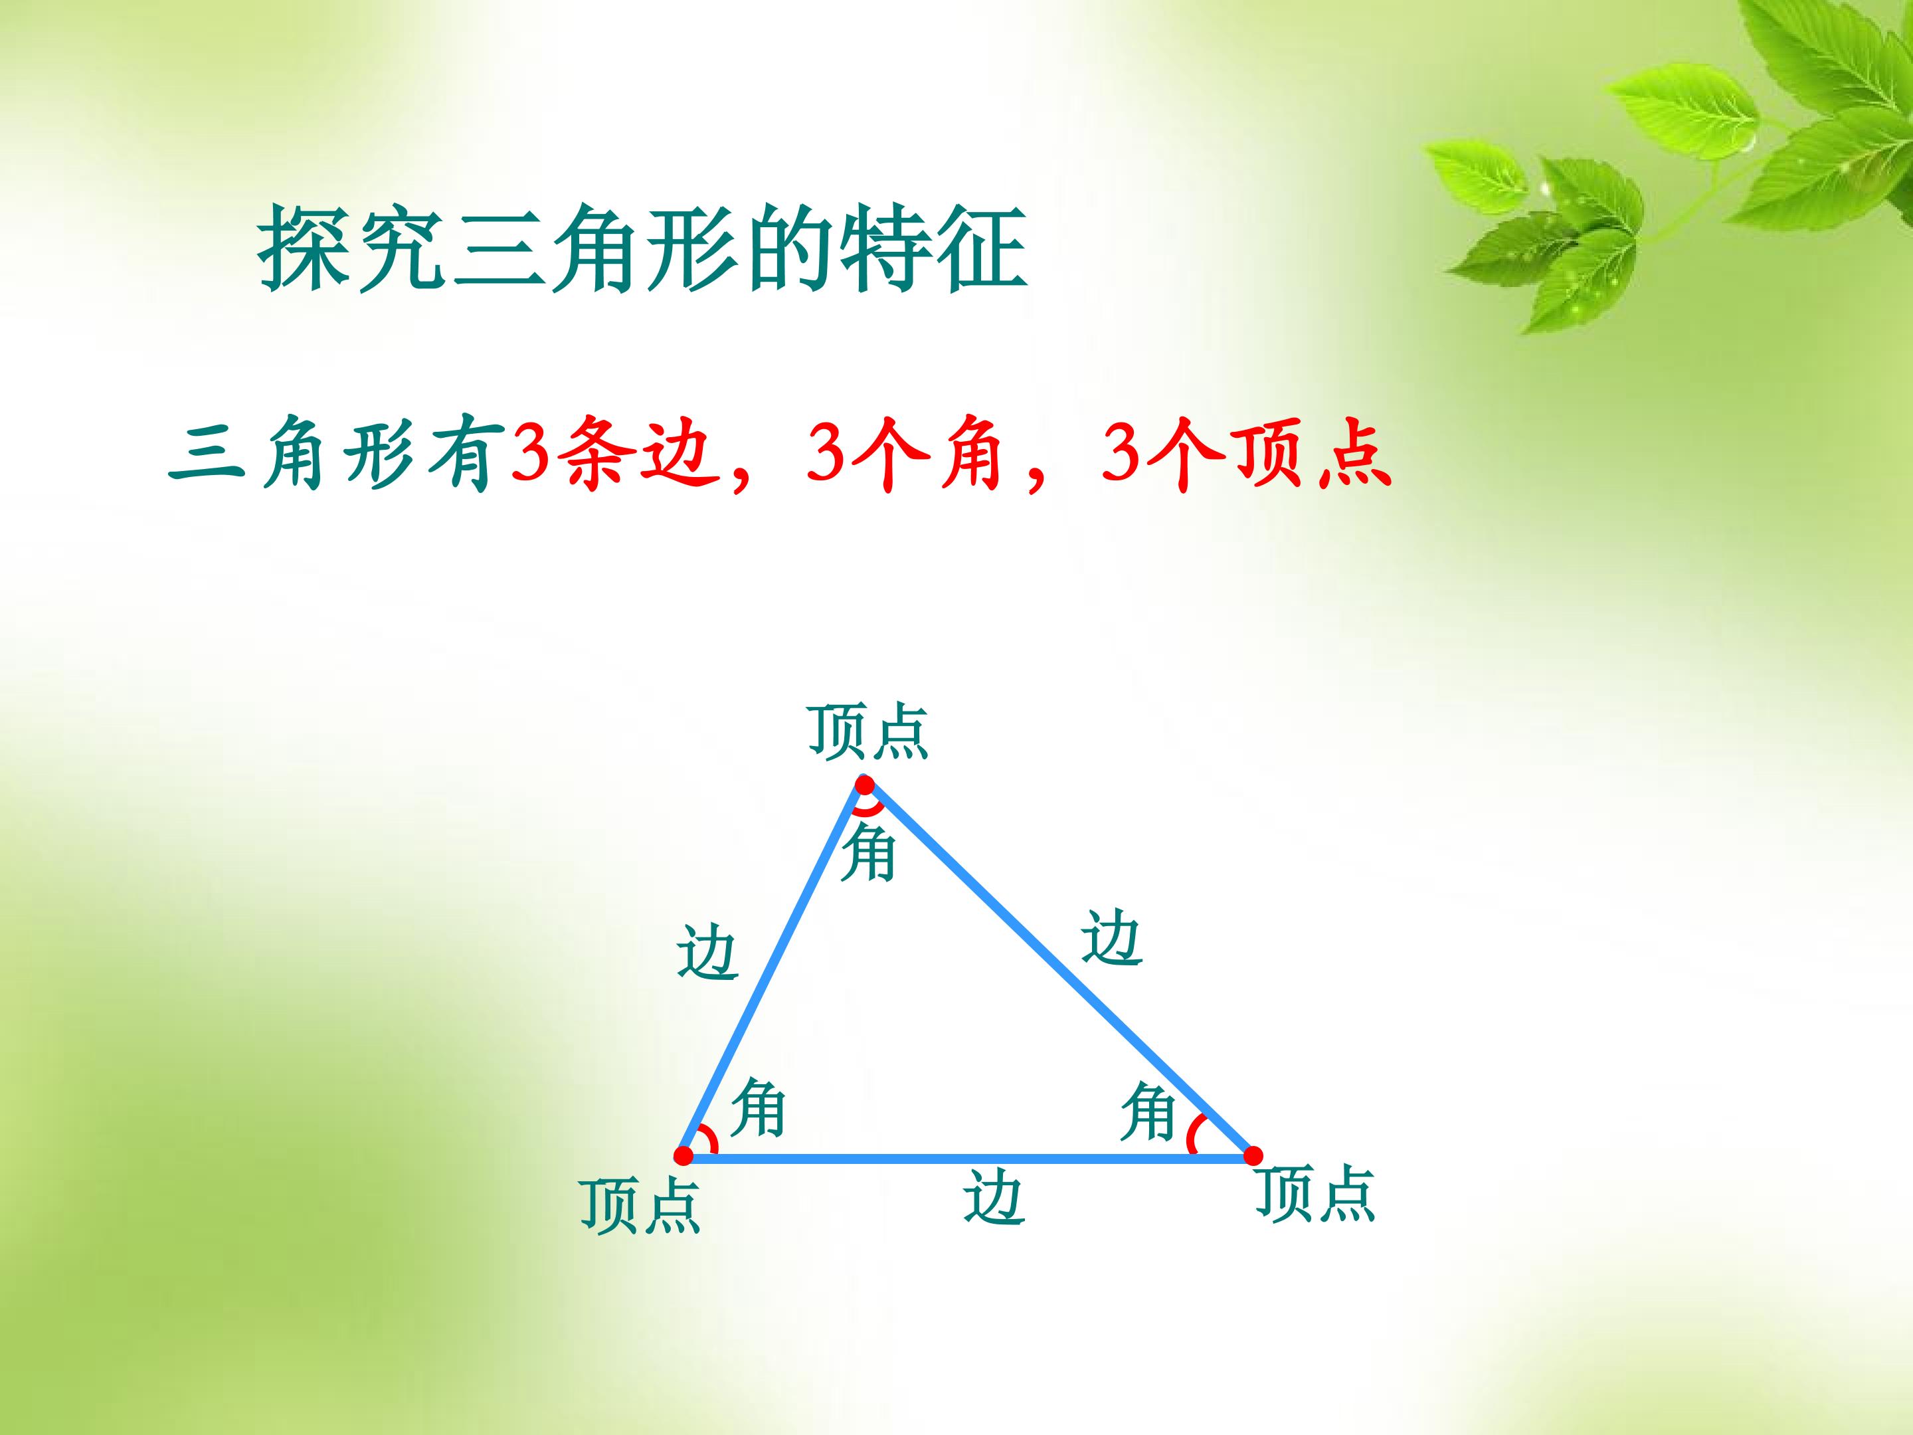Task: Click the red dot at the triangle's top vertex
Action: (865, 785)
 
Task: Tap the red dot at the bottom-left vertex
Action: (683, 1155)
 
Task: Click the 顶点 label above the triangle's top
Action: (868, 733)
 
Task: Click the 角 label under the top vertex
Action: (868, 853)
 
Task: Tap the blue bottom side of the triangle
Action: (968, 1157)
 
